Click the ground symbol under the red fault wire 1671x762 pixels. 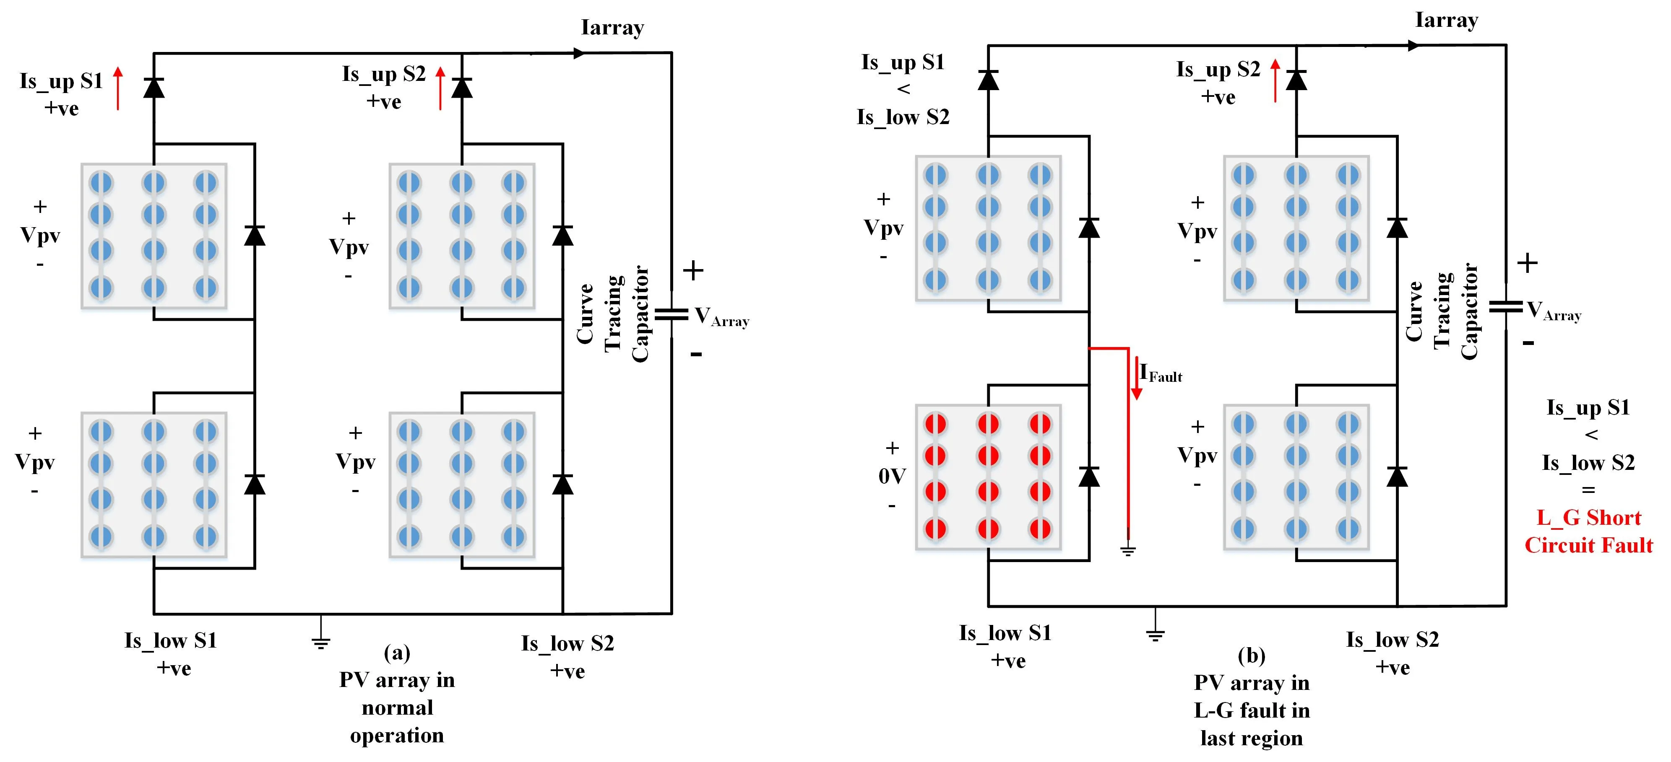pos(1128,551)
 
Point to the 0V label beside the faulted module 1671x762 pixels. pos(892,477)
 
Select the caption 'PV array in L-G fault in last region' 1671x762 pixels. pos(1251,710)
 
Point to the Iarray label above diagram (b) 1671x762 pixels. pos(1446,20)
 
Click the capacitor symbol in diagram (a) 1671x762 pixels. pos(672,314)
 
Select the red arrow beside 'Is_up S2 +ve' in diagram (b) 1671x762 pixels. pos(1275,80)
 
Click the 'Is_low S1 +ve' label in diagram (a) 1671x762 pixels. pos(171,654)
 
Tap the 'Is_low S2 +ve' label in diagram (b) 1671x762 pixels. pos(1392,653)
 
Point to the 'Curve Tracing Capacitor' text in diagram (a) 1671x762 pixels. pos(612,314)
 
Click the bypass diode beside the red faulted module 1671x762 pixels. pos(1089,477)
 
